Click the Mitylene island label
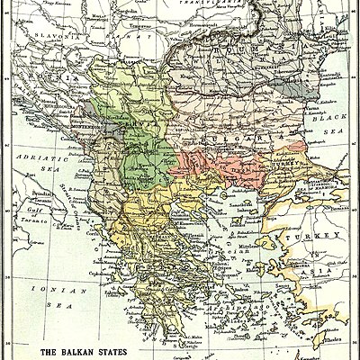click(x=270, y=245)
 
